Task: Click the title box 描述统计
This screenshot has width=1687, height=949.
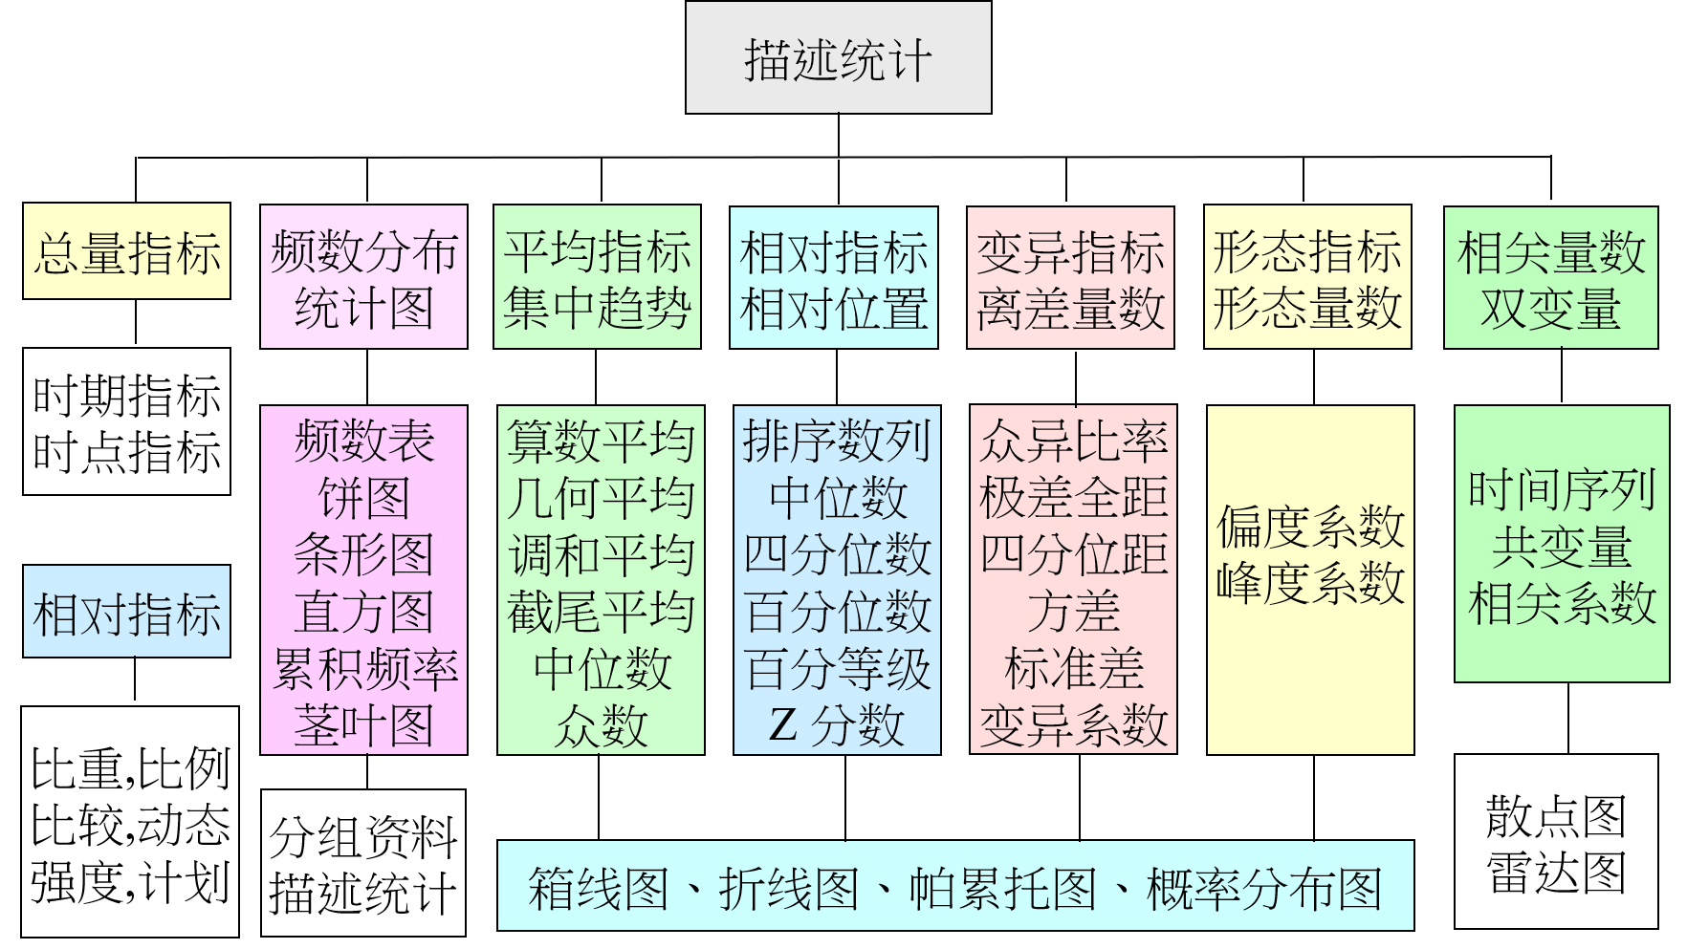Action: pos(838,58)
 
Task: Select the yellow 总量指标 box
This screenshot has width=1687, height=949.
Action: pos(126,251)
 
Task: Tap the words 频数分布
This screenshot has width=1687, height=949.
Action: pos(363,251)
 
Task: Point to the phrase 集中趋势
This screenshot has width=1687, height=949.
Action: pos(597,309)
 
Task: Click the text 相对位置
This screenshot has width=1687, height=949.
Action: pos(833,309)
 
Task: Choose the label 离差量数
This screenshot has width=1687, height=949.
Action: pos(1070,309)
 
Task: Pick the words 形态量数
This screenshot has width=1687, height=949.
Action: pos(1307,309)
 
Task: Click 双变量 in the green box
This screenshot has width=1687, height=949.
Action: pos(1550,309)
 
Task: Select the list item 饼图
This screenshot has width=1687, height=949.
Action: pos(363,498)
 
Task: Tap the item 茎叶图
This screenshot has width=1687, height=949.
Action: pos(363,725)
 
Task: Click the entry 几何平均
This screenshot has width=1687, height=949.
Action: pos(601,498)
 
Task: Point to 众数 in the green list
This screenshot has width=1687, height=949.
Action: pos(601,725)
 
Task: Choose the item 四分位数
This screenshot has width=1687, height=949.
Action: pos(837,554)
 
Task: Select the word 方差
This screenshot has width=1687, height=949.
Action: pos(1073,612)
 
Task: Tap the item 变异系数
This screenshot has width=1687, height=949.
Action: pos(1073,725)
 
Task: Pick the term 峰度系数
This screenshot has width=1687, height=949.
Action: pos(1310,583)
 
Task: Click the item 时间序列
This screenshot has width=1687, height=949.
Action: pos(1562,489)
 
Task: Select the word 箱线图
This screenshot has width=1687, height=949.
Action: pos(598,888)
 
